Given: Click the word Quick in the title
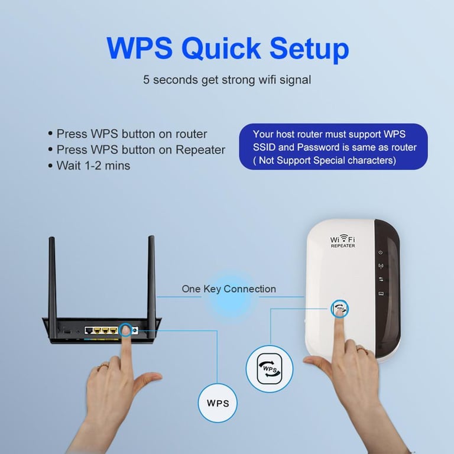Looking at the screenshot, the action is tap(221, 48).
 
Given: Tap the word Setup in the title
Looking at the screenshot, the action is tap(309, 48).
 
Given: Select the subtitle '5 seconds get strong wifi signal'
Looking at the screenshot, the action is tap(227, 80).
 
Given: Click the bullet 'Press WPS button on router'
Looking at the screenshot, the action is tap(128, 134).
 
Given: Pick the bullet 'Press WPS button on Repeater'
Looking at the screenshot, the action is tap(137, 150).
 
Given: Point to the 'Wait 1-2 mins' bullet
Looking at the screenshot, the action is tap(89, 166).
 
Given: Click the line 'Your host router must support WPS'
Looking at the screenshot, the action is tap(329, 134).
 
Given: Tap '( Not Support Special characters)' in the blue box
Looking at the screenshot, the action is tap(325, 160).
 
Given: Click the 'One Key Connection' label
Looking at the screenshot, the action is tap(229, 289).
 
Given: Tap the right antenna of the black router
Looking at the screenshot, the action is tap(151, 285).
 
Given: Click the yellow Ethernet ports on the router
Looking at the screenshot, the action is tap(106, 330).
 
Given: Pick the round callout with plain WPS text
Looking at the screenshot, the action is tap(218, 403).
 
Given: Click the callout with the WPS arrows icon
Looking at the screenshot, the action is tap(270, 369).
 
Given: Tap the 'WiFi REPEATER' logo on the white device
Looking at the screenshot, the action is tap(342, 241).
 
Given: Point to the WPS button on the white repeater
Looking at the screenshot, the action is tap(340, 309).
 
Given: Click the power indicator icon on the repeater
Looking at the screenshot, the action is tap(381, 252).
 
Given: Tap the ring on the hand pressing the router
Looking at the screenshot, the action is tap(103, 367).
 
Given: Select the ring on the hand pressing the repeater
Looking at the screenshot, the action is tap(362, 350).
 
